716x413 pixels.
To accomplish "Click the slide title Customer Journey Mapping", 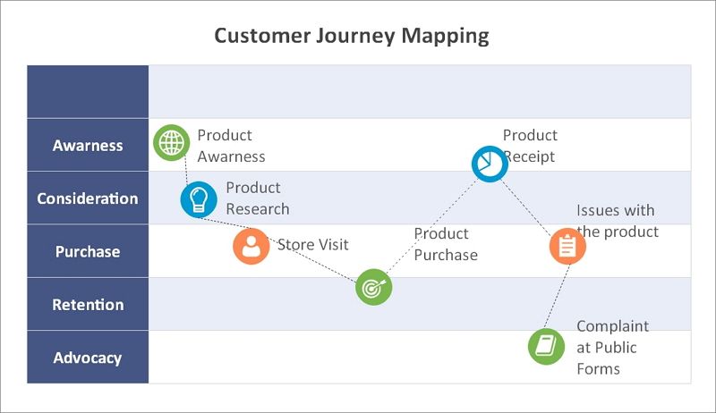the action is (352, 36).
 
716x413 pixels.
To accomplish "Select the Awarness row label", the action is (88, 146).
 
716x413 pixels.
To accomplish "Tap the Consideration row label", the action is (88, 198).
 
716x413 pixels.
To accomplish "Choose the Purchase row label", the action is (88, 251).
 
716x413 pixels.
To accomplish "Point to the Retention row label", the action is (88, 305).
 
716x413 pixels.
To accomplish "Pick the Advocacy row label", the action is (88, 358).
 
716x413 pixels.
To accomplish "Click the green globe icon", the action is (171, 143).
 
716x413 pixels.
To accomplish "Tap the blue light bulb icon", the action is (199, 199).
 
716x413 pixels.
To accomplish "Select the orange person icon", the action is (251, 247).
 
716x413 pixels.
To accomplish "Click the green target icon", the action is (373, 287).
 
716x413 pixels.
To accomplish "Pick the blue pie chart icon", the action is (490, 164).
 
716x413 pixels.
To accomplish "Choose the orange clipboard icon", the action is (567, 247).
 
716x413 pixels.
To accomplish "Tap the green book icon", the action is (546, 347).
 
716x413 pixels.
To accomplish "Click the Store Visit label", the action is (312, 245).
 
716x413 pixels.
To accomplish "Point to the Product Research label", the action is (258, 198).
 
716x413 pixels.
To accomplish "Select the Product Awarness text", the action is (231, 146).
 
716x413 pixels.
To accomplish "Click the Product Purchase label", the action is (446, 244).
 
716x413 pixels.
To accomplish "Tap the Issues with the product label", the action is (618, 221).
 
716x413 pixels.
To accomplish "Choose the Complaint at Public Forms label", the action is (613, 348).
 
